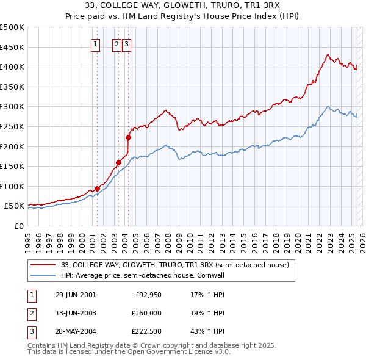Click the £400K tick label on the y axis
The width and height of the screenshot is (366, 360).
click(x=12, y=67)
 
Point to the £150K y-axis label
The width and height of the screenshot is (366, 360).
click(x=12, y=166)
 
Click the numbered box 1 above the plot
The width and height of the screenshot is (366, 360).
click(x=96, y=43)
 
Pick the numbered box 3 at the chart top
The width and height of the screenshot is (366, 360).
click(x=126, y=43)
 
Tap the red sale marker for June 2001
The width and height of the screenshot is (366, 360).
click(x=97, y=189)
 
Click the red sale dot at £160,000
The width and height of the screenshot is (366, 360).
click(x=118, y=162)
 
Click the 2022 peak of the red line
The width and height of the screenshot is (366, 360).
click(x=328, y=54)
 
